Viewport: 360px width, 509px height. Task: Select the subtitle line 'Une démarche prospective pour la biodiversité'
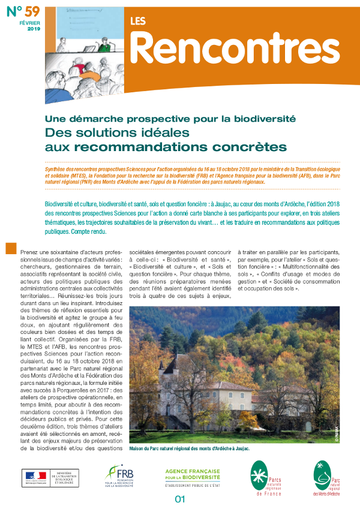click(x=170, y=119)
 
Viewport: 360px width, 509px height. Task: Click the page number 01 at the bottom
click(x=179, y=499)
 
